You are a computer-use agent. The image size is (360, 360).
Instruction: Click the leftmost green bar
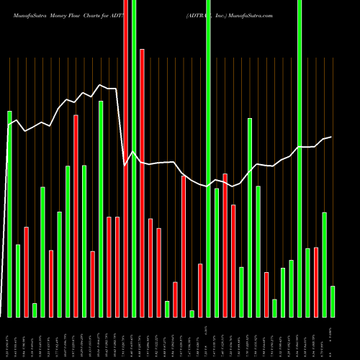(9, 214)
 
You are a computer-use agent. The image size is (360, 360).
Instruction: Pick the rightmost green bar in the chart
(333, 301)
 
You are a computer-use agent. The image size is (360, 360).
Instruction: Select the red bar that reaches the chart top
(126, 158)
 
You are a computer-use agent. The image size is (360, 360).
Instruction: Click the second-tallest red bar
(142, 183)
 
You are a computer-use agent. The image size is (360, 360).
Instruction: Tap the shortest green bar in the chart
(192, 313)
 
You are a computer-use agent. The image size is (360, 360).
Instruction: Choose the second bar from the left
(18, 281)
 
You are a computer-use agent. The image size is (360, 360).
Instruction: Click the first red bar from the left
(26, 271)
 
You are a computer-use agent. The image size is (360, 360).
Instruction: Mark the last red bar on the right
(316, 282)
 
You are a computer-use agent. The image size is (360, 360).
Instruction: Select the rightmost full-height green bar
(300, 158)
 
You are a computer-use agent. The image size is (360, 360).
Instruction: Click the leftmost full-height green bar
(134, 158)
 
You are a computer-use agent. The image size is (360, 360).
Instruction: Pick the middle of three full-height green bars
(208, 158)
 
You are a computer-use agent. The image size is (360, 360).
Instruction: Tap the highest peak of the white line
(100, 84)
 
